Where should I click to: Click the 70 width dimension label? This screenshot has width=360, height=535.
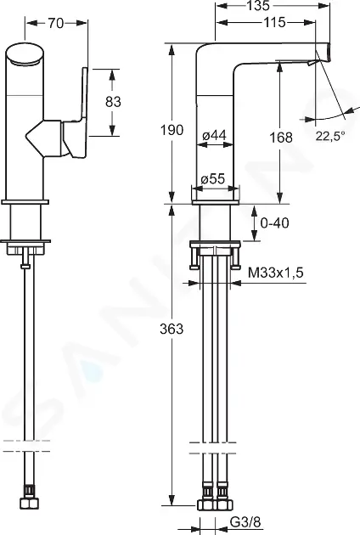pos(56,23)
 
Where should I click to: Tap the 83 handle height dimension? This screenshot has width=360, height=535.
pos(113,102)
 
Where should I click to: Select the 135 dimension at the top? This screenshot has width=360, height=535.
pos(258,5)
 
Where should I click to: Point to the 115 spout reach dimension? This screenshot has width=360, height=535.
pos(274,23)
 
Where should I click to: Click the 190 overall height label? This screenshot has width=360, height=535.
pos(172,130)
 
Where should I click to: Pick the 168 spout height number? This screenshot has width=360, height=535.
pos(281,138)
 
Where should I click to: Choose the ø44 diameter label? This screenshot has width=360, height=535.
pos(214,136)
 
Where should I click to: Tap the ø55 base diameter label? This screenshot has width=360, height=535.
pos(212,179)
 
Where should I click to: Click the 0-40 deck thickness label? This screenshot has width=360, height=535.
pos(274,222)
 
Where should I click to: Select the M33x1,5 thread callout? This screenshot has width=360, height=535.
pos(276,273)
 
